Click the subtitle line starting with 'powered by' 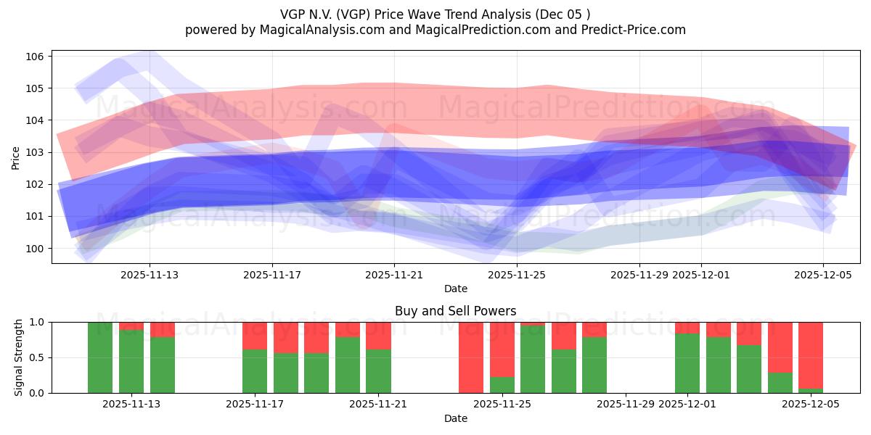tap(435, 30)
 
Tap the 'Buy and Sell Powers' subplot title tap(455, 311)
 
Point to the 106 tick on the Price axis tap(36, 57)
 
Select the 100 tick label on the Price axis tap(36, 249)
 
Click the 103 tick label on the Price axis tap(36, 152)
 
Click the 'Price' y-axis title tap(15, 157)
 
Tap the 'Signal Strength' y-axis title tap(19, 357)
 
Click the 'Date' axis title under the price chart tap(455, 289)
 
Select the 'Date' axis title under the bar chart tap(455, 418)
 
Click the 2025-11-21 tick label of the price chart tap(394, 275)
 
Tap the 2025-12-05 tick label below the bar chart tap(810, 405)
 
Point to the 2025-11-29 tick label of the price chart tap(639, 275)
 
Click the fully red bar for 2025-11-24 tap(471, 357)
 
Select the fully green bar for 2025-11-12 tap(100, 357)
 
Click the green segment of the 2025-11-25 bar tap(502, 385)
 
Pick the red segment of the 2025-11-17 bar tap(255, 335)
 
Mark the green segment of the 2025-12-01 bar tap(687, 363)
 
